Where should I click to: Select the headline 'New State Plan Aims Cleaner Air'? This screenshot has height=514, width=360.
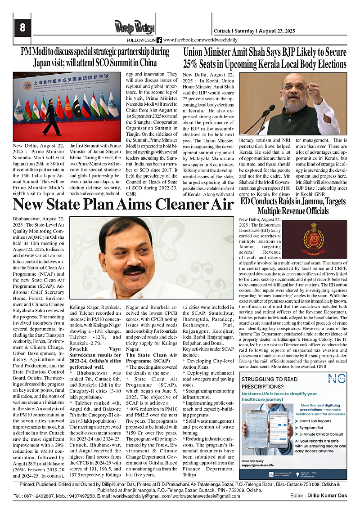click(x=123, y=205)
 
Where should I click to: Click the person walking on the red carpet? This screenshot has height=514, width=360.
click(x=51, y=116)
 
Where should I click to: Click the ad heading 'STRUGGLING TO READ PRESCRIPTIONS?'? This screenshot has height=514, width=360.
click(x=269, y=383)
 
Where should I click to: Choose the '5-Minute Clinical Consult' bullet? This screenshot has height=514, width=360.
click(x=320, y=434)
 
